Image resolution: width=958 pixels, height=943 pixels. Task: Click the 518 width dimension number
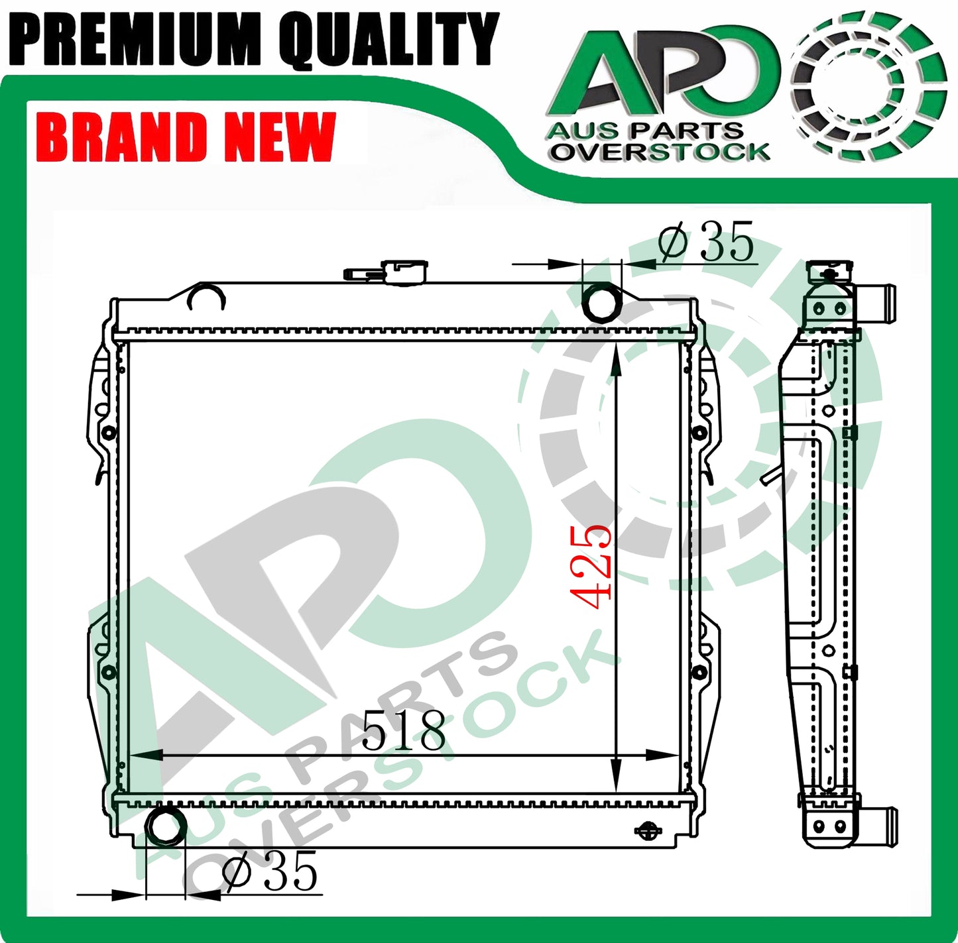(404, 730)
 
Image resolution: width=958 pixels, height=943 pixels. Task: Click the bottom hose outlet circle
(165, 826)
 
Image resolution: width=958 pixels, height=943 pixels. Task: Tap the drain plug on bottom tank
(648, 831)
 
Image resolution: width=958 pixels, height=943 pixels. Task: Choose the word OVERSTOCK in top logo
(659, 152)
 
